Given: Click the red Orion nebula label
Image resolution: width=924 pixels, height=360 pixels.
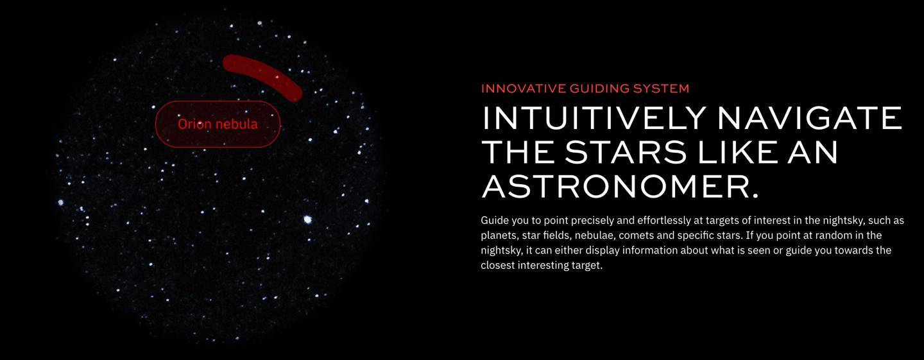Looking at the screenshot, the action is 218,124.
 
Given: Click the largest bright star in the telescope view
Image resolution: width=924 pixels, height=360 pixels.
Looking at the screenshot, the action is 307,219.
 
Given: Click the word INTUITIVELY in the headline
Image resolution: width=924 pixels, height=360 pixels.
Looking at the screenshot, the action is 595,118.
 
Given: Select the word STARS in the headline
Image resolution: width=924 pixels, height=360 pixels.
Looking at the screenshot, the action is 626,152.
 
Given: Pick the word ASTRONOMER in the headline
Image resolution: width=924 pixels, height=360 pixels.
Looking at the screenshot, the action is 620,186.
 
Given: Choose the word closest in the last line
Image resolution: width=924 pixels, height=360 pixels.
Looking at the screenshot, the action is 497,265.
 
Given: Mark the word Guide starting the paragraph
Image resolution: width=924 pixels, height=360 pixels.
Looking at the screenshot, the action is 495,220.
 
